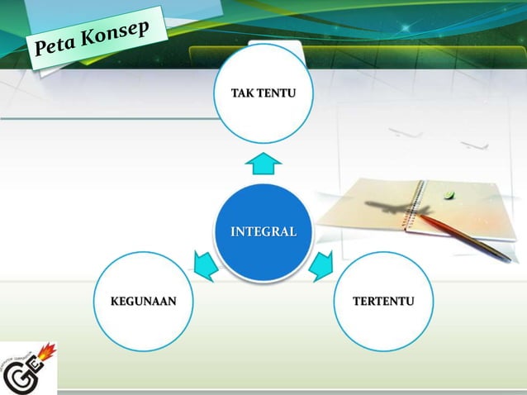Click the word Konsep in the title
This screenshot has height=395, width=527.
[121, 37]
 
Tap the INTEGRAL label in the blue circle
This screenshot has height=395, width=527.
[263, 231]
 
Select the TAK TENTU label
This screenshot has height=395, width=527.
[263, 90]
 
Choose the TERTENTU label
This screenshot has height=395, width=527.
[383, 300]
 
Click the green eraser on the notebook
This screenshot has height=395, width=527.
[449, 196]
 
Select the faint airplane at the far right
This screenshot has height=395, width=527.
[474, 145]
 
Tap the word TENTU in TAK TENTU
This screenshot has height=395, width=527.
[276, 90]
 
